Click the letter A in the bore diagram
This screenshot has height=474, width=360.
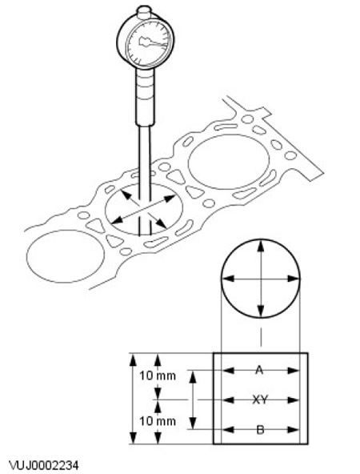tap(259, 370)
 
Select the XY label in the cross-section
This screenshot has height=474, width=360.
tap(260, 400)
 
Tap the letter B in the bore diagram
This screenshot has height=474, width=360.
tap(260, 429)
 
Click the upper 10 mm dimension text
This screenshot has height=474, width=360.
tap(158, 376)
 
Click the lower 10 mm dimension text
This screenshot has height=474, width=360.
tap(158, 421)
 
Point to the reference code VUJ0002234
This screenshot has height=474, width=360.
tap(44, 465)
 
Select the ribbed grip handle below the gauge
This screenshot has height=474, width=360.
tap(144, 97)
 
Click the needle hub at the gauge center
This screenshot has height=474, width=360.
tap(144, 42)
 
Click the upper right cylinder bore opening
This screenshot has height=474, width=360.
tap(229, 162)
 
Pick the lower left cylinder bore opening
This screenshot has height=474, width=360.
tap(66, 256)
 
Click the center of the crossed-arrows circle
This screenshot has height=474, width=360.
tap(261, 279)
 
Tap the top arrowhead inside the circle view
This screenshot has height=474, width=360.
tap(261, 247)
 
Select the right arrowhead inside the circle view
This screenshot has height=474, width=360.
tap(293, 279)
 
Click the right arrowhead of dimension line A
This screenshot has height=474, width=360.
tap(293, 370)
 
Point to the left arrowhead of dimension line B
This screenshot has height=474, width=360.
tap(228, 429)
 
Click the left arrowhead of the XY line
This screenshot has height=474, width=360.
tap(228, 400)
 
